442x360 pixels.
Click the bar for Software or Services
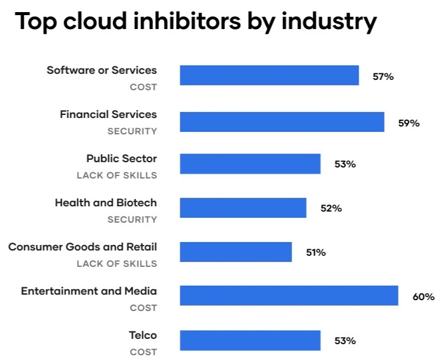(x=269, y=76)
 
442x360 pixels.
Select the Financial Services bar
(x=282, y=122)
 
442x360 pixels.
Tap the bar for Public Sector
(x=250, y=164)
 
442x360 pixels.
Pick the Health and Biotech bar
(x=243, y=208)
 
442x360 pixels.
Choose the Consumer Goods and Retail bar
(x=236, y=252)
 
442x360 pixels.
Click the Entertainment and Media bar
(x=289, y=296)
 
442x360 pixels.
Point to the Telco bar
(x=250, y=340)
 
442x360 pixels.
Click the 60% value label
(x=423, y=296)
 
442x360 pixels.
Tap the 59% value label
(x=409, y=123)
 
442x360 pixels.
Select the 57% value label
(x=383, y=77)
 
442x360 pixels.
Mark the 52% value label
(x=331, y=209)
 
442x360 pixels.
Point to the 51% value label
(x=316, y=253)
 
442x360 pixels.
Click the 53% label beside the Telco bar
(x=345, y=341)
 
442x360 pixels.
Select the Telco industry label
(x=143, y=335)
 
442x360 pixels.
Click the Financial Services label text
(x=108, y=114)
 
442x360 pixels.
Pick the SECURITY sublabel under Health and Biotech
(x=132, y=220)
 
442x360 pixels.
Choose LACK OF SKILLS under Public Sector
(x=117, y=175)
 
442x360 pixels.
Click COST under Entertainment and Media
(x=143, y=308)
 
